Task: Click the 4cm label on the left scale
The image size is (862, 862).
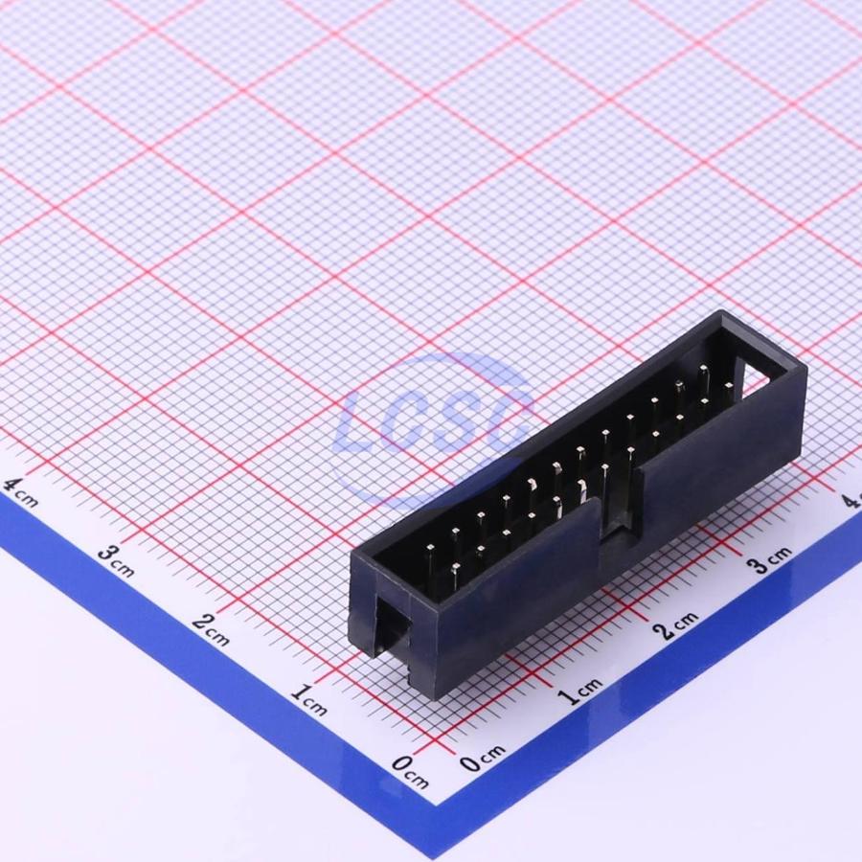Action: coord(20,493)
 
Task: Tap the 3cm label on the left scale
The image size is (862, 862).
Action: coord(116,560)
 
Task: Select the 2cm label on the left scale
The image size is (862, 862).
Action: coord(211,630)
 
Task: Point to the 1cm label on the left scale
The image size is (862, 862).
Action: coord(309,699)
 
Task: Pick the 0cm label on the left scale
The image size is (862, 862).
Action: coord(410,771)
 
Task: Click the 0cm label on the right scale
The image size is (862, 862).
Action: coord(482,759)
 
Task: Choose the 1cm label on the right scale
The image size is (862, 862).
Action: coord(580,691)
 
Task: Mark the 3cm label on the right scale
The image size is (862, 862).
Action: coord(770,559)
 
